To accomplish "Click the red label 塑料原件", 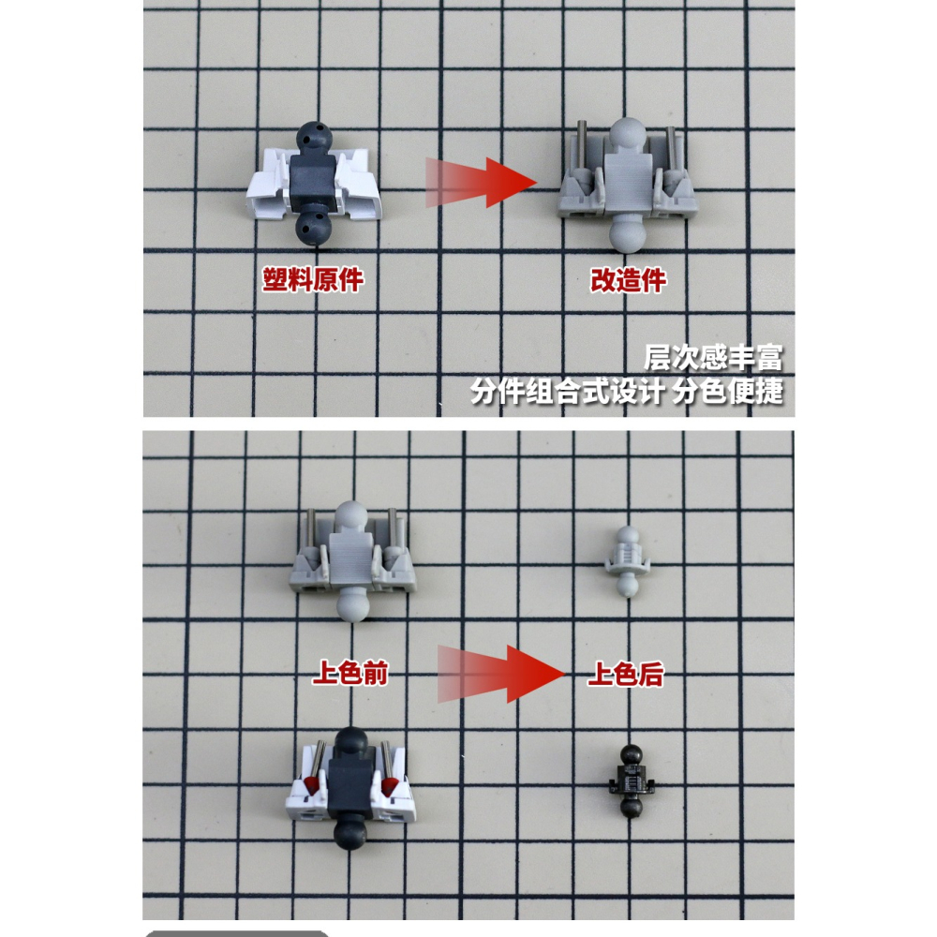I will point(312,279).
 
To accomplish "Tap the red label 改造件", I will point(628,280).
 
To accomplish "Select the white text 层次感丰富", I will point(712,359).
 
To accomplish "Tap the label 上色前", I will point(349,674).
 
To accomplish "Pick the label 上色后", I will point(625,674).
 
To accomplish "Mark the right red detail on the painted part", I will point(388,781).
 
